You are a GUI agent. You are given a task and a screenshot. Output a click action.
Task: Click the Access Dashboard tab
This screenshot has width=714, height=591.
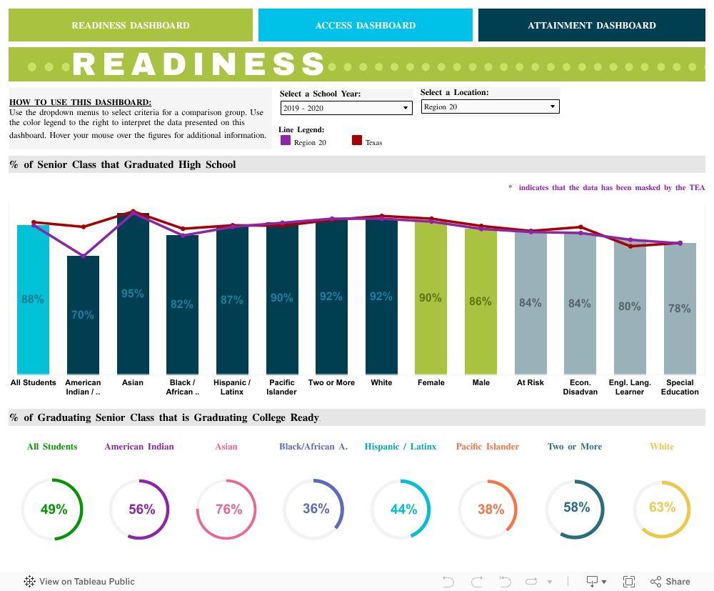(365, 25)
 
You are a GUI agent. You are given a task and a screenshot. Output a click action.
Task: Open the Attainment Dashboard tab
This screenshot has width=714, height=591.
(591, 25)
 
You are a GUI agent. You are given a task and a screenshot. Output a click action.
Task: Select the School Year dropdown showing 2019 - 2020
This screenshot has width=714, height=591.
(346, 108)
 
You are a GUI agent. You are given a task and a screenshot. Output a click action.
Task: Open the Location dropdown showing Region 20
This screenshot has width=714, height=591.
(490, 107)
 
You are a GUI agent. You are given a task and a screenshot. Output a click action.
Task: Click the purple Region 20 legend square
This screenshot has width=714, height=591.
(286, 141)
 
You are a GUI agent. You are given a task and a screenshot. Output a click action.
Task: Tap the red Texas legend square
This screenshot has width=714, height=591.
(357, 141)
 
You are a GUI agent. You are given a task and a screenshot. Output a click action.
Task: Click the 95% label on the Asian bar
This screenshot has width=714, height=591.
(133, 294)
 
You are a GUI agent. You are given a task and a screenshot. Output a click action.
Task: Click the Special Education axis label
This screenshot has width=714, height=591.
(680, 387)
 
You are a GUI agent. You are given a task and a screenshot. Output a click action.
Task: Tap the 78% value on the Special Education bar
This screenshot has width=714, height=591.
(679, 309)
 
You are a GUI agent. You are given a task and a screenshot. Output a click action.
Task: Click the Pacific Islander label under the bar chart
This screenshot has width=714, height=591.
(281, 387)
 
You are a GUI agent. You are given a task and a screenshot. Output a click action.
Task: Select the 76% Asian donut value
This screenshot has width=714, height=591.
(228, 510)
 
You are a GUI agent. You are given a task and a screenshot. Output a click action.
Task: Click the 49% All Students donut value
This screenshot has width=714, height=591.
(54, 510)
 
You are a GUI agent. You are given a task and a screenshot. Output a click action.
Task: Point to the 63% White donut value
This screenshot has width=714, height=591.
(662, 507)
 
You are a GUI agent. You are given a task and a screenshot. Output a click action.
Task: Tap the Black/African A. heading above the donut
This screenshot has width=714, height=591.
(313, 447)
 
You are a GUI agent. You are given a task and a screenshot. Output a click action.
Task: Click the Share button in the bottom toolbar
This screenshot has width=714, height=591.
(670, 582)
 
